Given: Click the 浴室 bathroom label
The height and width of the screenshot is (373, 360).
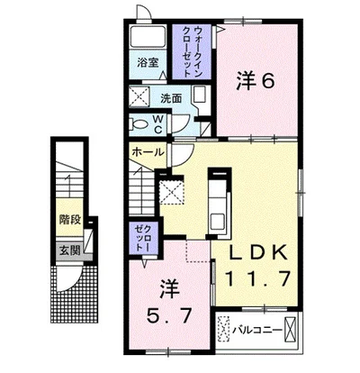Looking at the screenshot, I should pos(148,64).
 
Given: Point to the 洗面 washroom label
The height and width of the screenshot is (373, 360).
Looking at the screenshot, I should pos(171,97).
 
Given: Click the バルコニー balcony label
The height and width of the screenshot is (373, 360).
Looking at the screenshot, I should pos(262,329).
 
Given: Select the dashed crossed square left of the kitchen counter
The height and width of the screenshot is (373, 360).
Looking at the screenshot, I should pos(171,190).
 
